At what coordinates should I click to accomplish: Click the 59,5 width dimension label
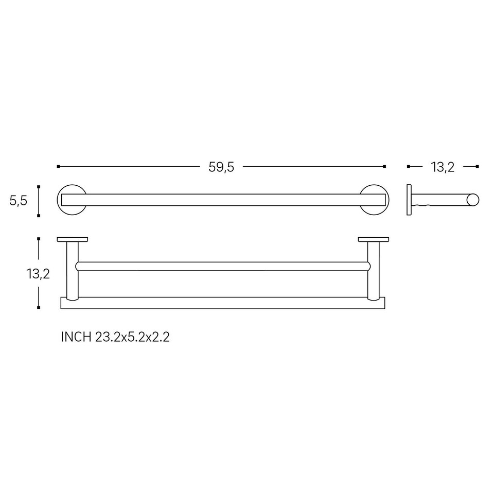click(x=221, y=167)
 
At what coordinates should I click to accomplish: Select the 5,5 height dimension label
click(x=19, y=201)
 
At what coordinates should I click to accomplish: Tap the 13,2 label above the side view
click(x=443, y=167)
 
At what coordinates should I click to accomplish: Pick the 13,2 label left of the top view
click(x=38, y=274)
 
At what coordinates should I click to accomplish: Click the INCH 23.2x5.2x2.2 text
click(x=115, y=338)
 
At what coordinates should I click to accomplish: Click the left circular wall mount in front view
click(x=58, y=200)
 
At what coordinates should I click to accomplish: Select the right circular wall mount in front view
click(x=388, y=200)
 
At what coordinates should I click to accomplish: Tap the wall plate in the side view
click(x=409, y=200)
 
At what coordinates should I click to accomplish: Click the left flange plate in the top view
click(x=73, y=239)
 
